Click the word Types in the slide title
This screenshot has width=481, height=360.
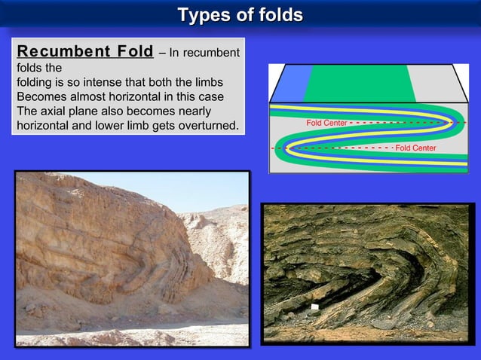[201, 15]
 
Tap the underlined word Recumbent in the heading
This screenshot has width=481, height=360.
[63, 52]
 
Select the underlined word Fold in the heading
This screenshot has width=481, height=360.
[134, 52]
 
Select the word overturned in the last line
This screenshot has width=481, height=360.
[204, 125]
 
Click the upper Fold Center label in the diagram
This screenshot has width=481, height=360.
[326, 122]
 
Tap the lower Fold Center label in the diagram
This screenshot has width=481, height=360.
[415, 148]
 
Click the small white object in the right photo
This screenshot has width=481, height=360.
[315, 307]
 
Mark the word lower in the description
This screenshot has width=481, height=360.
[100, 125]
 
